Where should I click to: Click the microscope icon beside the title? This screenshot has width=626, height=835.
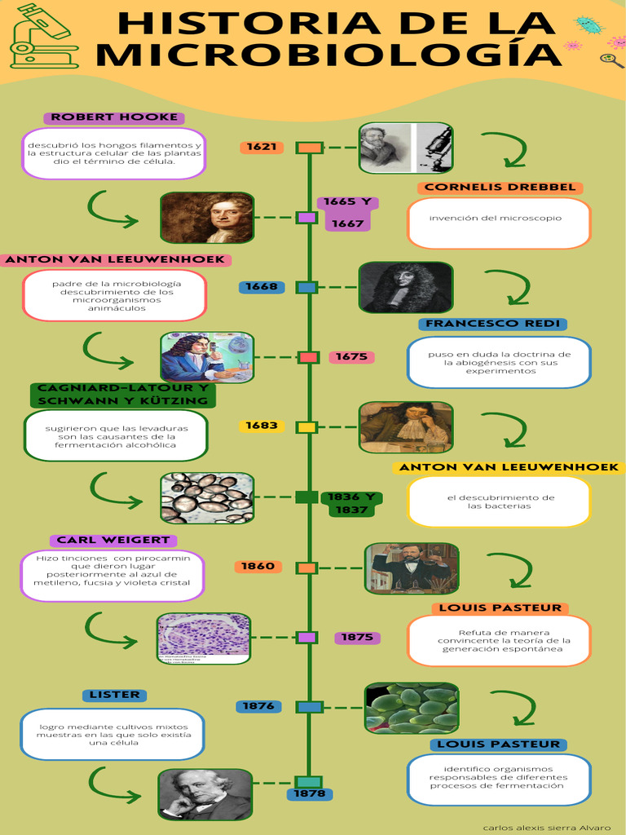[43, 37]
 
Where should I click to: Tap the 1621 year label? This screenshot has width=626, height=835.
[262, 148]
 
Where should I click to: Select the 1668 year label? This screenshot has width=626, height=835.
[262, 287]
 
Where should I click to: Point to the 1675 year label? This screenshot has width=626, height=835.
[351, 357]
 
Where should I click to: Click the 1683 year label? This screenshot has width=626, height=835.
[262, 426]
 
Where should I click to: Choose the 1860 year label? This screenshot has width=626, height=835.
[258, 566]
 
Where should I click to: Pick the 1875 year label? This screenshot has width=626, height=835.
[357, 638]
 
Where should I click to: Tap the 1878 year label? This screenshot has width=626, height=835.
[310, 793]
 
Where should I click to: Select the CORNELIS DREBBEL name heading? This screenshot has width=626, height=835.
[500, 188]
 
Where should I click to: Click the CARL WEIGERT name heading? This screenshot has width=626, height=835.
[113, 540]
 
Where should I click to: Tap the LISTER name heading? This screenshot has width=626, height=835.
[114, 695]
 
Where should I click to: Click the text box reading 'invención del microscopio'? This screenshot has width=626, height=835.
[499, 223]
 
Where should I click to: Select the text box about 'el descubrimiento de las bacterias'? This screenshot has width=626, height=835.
[499, 501]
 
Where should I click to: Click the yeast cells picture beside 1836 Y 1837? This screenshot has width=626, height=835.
[207, 497]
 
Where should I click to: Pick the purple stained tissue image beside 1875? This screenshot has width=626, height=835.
[204, 638]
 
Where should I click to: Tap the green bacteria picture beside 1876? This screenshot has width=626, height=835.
[412, 708]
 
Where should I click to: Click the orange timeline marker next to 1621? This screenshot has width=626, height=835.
[310, 148]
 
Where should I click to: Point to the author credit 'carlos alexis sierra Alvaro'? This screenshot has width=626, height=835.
[546, 827]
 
